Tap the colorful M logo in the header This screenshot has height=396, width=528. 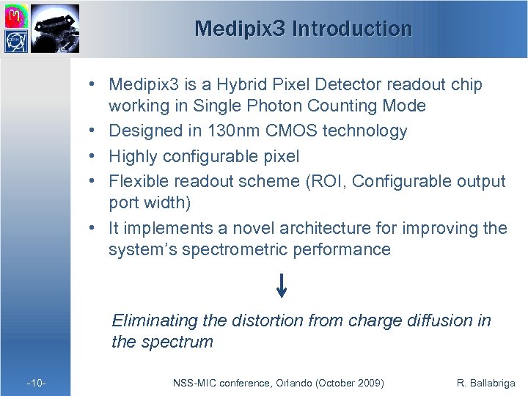pyautogui.click(x=16, y=15)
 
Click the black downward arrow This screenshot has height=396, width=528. pyautogui.click(x=282, y=285)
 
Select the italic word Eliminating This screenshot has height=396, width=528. pyautogui.click(x=153, y=320)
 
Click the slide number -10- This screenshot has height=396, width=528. pyautogui.click(x=37, y=383)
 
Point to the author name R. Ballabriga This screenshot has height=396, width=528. pyautogui.click(x=485, y=383)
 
